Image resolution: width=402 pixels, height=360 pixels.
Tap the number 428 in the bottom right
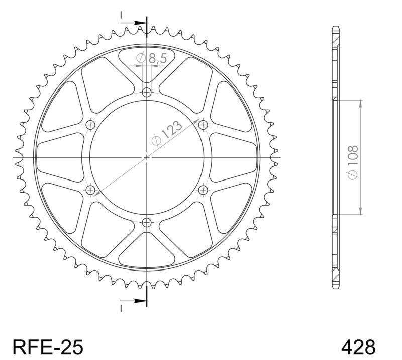pos(358,346)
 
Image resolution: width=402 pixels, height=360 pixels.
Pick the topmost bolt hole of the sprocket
pos(147,93)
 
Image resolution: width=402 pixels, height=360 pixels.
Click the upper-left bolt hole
pos(90,125)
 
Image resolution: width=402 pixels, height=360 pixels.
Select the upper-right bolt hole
pos(203,125)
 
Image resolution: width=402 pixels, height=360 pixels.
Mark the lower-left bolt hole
pos(90,190)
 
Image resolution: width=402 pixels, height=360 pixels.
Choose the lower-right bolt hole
pos(203,190)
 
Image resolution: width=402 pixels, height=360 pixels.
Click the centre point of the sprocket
pos(147,157)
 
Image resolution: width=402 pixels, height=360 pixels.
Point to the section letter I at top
pos(121,16)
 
